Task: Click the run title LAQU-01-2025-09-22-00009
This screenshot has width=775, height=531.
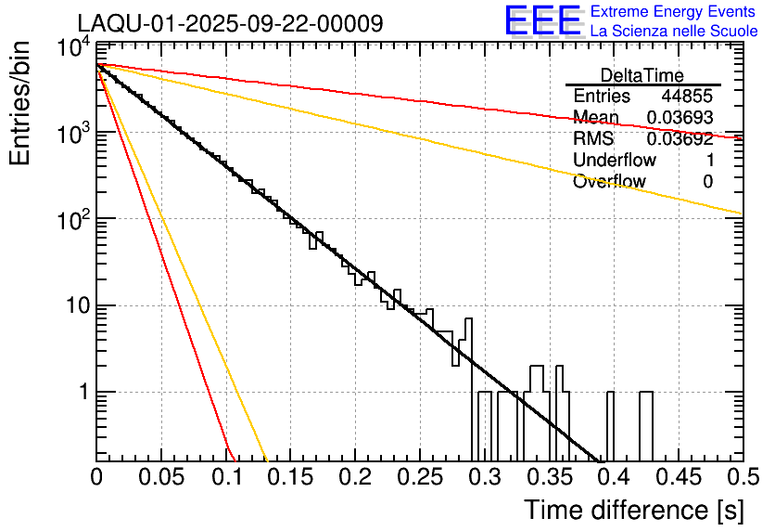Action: (229, 23)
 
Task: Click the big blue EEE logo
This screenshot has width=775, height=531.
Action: (542, 21)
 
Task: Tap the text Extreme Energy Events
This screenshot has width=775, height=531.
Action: (674, 12)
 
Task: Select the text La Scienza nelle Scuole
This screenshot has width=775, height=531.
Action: (674, 31)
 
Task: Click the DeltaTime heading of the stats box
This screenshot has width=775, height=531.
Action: (642, 75)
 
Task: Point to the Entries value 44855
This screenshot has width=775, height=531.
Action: (687, 97)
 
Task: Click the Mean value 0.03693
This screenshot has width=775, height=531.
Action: (680, 118)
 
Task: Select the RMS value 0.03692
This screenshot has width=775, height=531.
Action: (680, 139)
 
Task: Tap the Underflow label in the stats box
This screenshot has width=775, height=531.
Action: (615, 161)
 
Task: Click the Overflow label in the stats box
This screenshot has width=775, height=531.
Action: (609, 182)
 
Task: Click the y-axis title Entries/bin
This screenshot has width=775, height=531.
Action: (19, 104)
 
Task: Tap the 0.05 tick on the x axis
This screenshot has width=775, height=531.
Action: (161, 478)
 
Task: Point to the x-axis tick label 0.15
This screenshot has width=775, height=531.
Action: (290, 478)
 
